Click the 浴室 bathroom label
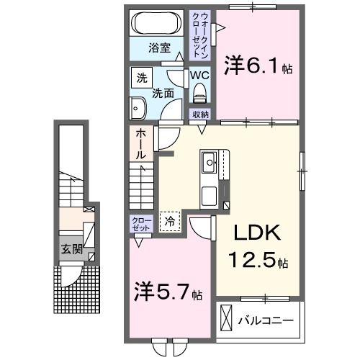[x=160, y=48]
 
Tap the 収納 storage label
[x=200, y=114]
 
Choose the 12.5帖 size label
[x=258, y=260]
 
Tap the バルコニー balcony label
[x=271, y=320]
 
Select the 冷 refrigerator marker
[x=170, y=221]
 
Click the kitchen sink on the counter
[x=210, y=163]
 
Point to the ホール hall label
[x=140, y=144]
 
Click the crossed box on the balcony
[x=228, y=318]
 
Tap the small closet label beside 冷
[x=140, y=222]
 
